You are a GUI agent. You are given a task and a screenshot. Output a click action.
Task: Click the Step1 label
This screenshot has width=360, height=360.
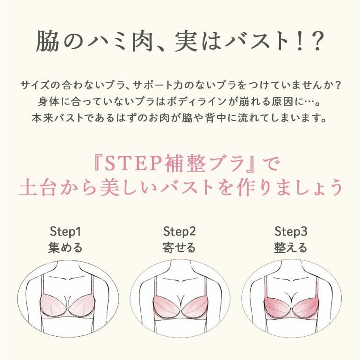click(65, 231)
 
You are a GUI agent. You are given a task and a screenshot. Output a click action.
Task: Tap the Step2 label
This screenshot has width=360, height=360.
click(180, 231)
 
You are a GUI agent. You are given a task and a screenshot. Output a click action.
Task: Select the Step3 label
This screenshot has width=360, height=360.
click(291, 231)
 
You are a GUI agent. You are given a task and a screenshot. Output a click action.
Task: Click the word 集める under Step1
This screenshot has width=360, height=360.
click(65, 247)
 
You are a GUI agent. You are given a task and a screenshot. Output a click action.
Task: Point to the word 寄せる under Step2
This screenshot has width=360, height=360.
click(179, 247)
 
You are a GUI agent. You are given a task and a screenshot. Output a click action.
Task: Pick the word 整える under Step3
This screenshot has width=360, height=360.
click(291, 247)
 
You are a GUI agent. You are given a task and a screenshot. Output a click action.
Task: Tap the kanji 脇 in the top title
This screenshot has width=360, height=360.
click(47, 41)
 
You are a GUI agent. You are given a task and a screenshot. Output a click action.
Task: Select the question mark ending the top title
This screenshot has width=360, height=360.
click(317, 41)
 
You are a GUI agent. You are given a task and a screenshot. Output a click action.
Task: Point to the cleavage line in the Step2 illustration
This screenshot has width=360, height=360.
click(180, 301)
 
